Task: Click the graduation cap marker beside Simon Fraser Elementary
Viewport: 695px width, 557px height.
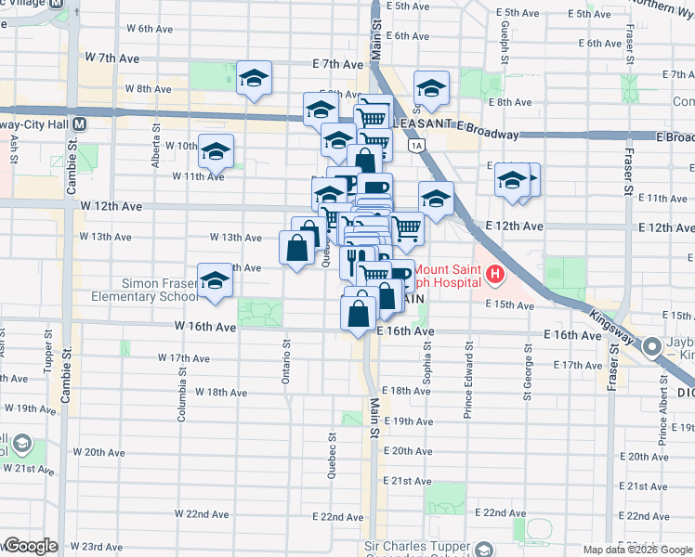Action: click(215, 284)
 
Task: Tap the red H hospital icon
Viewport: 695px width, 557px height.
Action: click(494, 275)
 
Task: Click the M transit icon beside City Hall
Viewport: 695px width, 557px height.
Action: click(80, 123)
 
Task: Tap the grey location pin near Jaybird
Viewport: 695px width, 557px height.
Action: click(652, 349)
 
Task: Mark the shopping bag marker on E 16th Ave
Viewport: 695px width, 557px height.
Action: click(360, 313)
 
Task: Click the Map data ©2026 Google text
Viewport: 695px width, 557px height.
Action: click(637, 550)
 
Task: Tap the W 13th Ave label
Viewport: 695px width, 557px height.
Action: click(235, 238)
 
